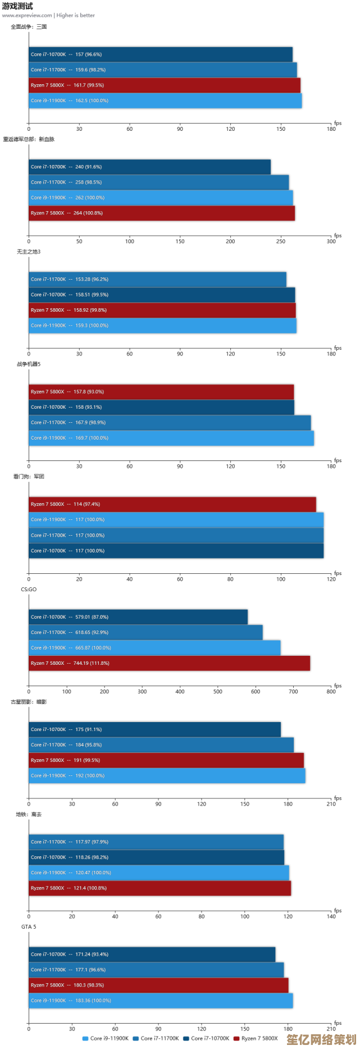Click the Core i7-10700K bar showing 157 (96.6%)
click(x=161, y=54)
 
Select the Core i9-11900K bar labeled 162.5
click(x=165, y=101)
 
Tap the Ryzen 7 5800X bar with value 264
click(x=162, y=213)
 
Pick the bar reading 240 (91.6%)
click(x=150, y=167)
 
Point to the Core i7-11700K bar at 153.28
click(x=157, y=279)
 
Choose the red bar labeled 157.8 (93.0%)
click(x=161, y=392)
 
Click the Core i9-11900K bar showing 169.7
click(x=171, y=438)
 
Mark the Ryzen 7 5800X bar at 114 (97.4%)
click(x=172, y=504)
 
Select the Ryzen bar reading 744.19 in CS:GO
click(x=169, y=663)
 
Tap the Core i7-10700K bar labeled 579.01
click(x=138, y=617)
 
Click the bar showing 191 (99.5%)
click(x=166, y=760)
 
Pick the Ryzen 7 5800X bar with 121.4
click(x=160, y=888)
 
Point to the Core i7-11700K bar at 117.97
click(x=156, y=842)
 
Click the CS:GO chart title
click(x=29, y=590)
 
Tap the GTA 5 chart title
click(x=29, y=926)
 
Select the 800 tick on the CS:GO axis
click(x=331, y=691)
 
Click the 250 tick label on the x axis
click(x=281, y=241)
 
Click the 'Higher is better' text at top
click(x=76, y=15)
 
